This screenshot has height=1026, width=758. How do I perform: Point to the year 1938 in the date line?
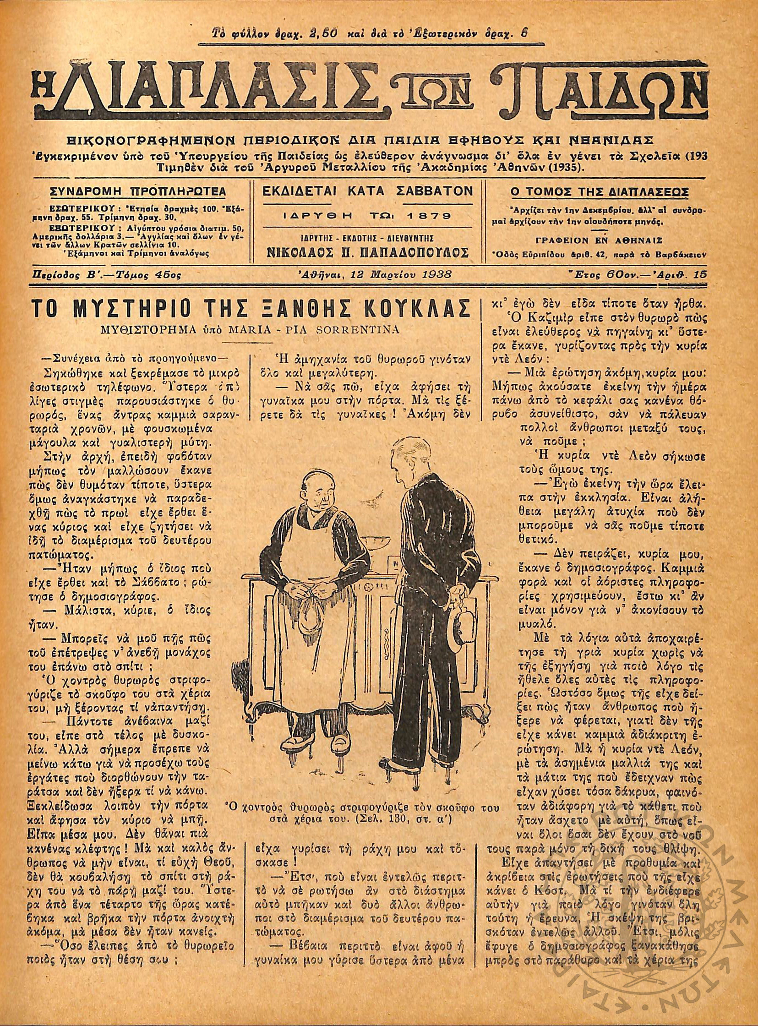[x=436, y=275]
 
